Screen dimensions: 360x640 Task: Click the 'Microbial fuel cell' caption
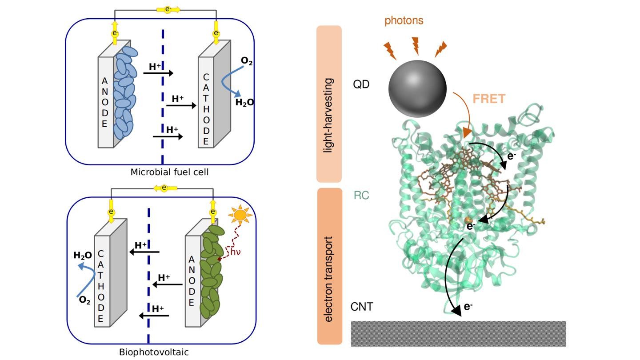tap(169, 172)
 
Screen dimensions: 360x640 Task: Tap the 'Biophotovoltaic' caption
tap(154, 352)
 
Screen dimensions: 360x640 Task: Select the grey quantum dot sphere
tap(417, 88)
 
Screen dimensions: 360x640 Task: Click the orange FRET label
tap(489, 99)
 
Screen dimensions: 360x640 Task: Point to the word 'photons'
tap(404, 20)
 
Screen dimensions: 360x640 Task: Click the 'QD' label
tap(361, 84)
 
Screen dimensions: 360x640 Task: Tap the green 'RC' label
tap(361, 196)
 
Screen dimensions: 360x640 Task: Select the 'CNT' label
tap(362, 307)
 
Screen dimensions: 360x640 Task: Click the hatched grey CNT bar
tap(458, 333)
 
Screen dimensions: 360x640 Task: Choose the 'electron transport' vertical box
tap(329, 267)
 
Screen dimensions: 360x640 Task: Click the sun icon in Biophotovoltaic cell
tap(240, 216)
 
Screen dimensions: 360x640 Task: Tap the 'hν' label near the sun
tap(235, 252)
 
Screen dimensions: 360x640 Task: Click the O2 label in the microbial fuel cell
tap(247, 61)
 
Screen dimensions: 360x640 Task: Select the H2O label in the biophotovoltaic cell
tap(82, 256)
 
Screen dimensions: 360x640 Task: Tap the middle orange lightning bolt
tap(416, 46)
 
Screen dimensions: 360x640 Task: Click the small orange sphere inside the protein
tap(468, 220)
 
